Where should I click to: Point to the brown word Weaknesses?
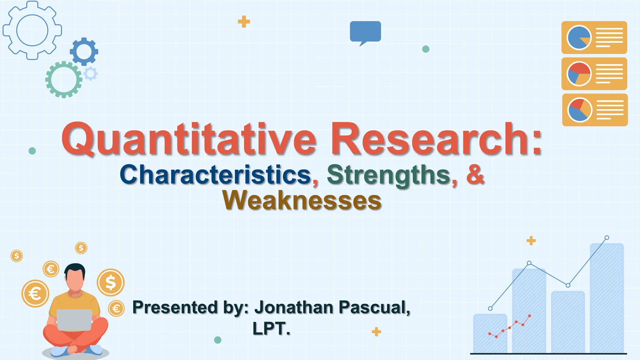[302, 200]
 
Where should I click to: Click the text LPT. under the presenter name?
[271, 328]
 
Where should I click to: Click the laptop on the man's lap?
[74, 320]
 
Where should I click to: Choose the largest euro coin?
[35, 293]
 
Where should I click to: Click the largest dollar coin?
[111, 282]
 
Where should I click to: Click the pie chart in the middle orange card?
[579, 74]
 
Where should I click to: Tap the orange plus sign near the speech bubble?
[244, 22]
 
